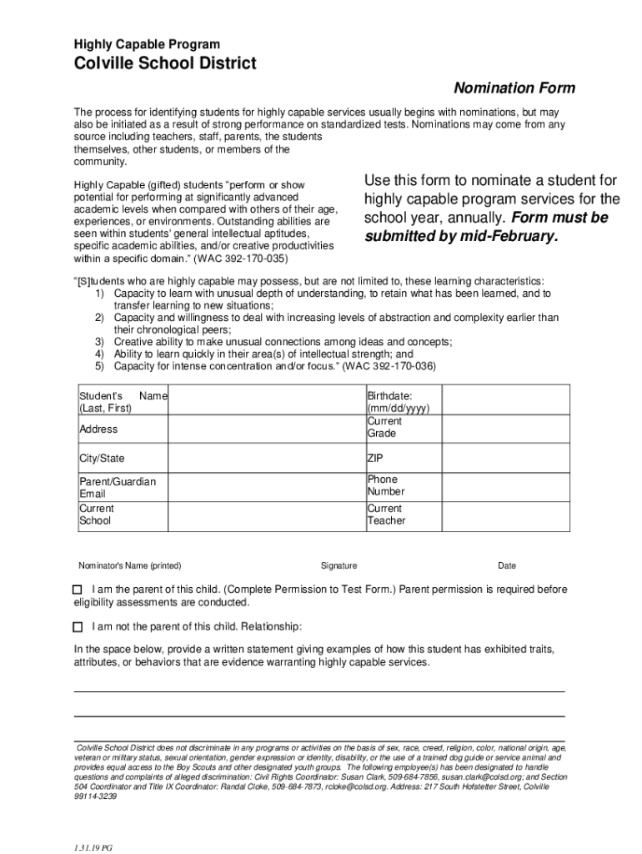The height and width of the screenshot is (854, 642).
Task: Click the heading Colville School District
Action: pyautogui.click(x=165, y=64)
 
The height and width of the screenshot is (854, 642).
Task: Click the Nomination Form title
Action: pyautogui.click(x=514, y=88)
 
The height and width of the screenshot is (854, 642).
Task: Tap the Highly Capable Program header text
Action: pyautogui.click(x=147, y=44)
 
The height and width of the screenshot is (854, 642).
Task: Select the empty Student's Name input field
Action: pyautogui.click(x=267, y=401)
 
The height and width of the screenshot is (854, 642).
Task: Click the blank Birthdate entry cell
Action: pyautogui.click(x=505, y=401)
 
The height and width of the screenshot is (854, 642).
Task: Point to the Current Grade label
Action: pyautogui.click(x=384, y=428)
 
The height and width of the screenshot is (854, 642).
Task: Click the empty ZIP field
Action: pyautogui.click(x=505, y=459)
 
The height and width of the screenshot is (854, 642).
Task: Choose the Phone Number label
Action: pyautogui.click(x=386, y=485)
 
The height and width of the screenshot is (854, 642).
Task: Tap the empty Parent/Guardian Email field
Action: pyautogui.click(x=267, y=487)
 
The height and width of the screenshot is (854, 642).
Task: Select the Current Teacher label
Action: pyautogui.click(x=386, y=515)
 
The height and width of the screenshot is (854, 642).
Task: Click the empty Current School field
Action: pyautogui.click(x=267, y=515)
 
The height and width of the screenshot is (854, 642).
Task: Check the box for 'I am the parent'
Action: pyautogui.click(x=78, y=590)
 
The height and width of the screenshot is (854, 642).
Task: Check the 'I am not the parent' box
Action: pyautogui.click(x=78, y=627)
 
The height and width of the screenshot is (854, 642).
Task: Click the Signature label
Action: pyautogui.click(x=339, y=565)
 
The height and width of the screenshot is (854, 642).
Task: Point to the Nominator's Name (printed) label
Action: pyautogui.click(x=129, y=565)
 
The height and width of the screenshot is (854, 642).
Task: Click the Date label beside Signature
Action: pyautogui.click(x=507, y=565)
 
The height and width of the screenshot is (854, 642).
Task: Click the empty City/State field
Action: pyautogui.click(x=267, y=459)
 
